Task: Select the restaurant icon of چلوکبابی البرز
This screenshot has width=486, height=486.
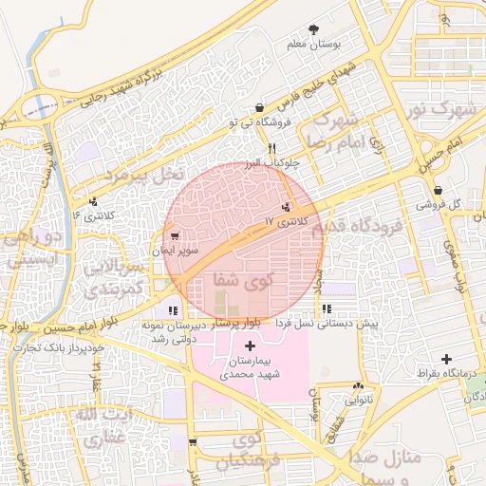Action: [x=272, y=148]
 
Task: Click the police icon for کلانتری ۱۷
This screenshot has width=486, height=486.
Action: [x=286, y=207]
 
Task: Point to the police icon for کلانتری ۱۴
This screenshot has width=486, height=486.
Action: [x=93, y=201]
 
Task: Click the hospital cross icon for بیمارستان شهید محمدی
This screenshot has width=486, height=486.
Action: [x=250, y=346]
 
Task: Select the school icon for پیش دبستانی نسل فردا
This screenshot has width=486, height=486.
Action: [x=327, y=309]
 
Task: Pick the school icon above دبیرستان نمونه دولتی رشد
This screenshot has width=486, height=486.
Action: [x=172, y=310]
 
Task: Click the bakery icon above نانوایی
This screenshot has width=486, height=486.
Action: [x=358, y=386]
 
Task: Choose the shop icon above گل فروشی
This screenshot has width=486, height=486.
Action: [x=437, y=190]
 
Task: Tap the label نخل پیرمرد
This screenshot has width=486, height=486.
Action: [x=142, y=175]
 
